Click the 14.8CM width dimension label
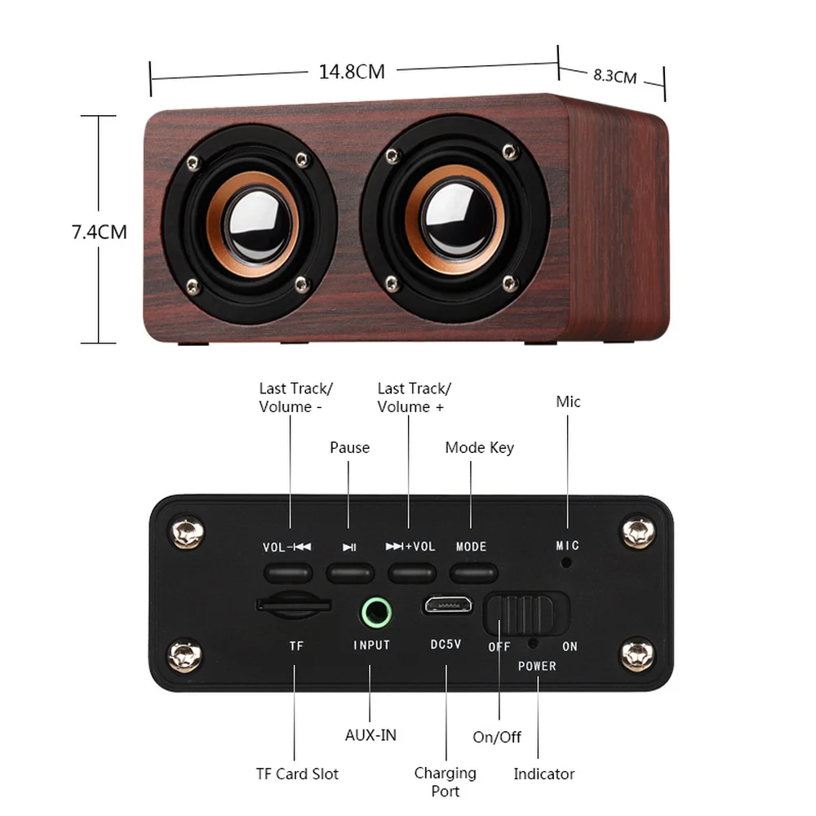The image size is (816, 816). [352, 72]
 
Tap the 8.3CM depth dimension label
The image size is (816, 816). [614, 77]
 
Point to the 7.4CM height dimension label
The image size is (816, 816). [99, 232]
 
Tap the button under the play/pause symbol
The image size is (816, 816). [350, 572]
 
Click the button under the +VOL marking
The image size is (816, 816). [411, 572]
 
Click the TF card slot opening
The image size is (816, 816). [294, 605]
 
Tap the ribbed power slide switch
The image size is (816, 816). [526, 614]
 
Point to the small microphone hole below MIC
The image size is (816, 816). [565, 562]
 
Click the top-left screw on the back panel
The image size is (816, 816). [187, 533]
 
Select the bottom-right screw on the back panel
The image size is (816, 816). [637, 654]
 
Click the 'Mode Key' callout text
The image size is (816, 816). [479, 447]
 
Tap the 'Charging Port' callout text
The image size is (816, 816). [445, 782]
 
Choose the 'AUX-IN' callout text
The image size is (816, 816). [370, 734]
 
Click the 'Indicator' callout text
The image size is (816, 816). [543, 774]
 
